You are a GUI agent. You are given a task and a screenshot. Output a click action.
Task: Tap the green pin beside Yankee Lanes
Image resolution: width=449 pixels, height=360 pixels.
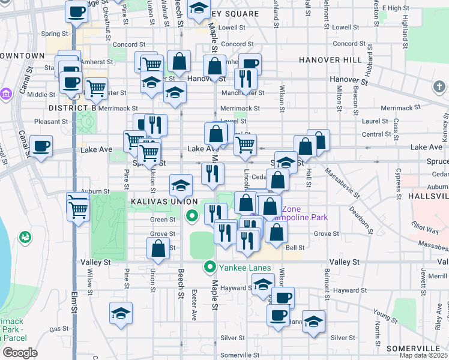click(x=210, y=267)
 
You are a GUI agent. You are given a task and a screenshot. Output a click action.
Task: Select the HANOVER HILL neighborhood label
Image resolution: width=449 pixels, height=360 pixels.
click(x=330, y=60)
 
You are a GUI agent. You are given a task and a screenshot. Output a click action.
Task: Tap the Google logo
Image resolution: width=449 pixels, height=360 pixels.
click(x=20, y=353)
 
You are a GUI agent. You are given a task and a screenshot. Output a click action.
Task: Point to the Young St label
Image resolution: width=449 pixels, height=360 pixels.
click(x=382, y=313)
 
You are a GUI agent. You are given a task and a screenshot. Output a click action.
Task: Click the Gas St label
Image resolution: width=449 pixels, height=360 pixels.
click(x=59, y=329)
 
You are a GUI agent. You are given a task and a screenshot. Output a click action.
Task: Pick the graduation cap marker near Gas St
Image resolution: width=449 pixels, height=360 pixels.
click(x=121, y=313)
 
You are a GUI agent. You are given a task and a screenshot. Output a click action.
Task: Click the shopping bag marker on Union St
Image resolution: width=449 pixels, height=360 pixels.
click(x=158, y=248)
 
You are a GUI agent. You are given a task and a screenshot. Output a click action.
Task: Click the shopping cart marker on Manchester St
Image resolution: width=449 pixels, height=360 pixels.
click(x=96, y=88)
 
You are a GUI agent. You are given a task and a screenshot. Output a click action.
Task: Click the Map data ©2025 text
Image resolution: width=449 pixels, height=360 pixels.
click(x=424, y=355)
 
